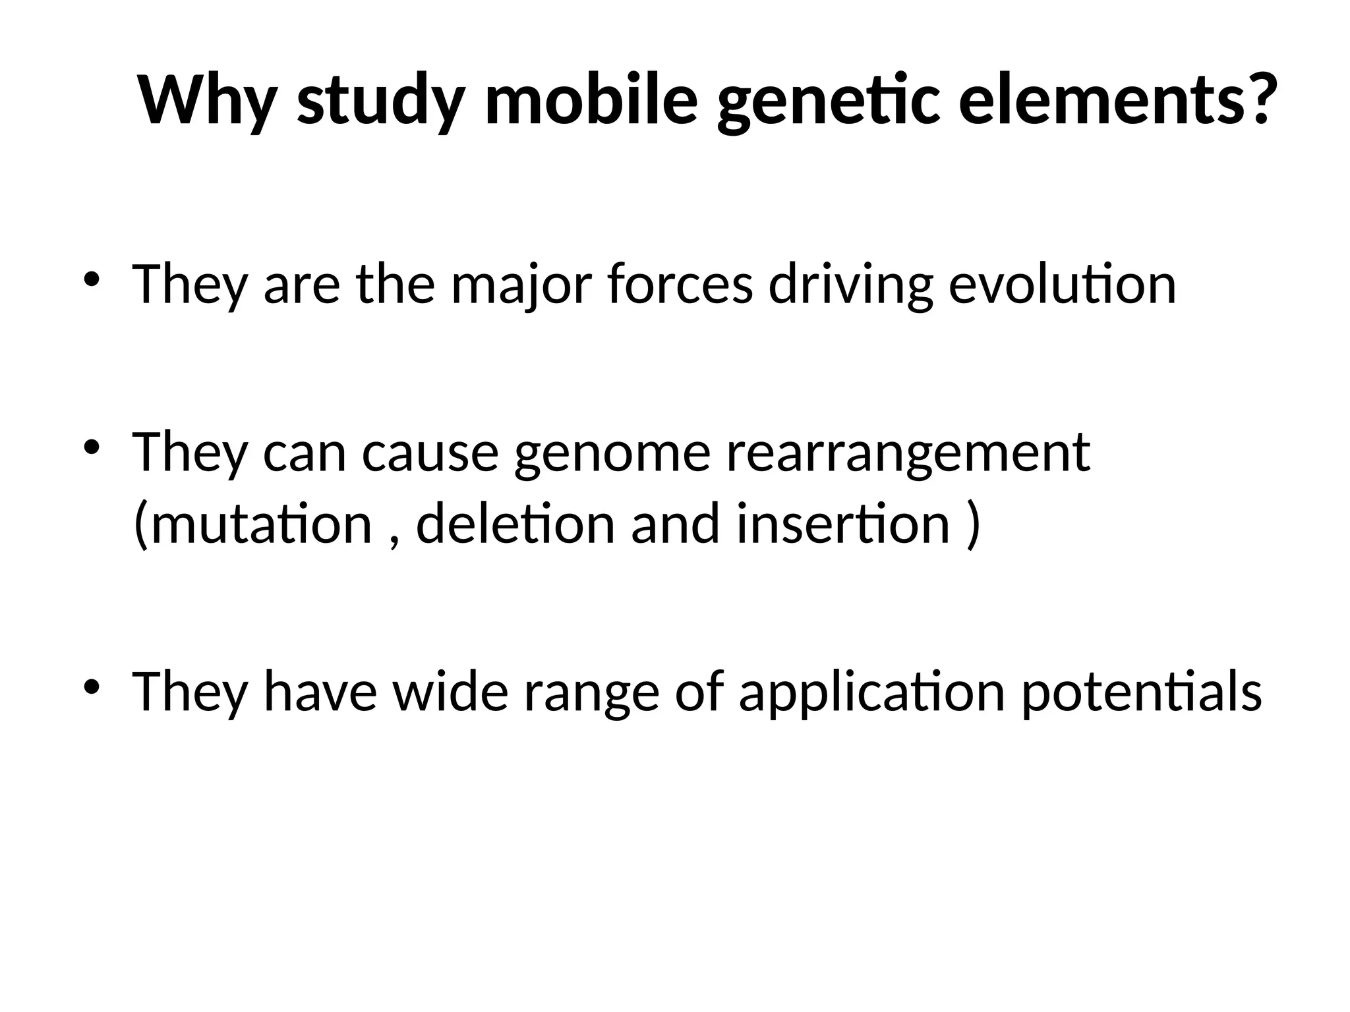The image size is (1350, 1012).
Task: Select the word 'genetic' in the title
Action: click(828, 102)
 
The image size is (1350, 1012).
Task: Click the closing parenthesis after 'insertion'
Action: click(972, 525)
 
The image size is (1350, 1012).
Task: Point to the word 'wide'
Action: click(451, 692)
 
